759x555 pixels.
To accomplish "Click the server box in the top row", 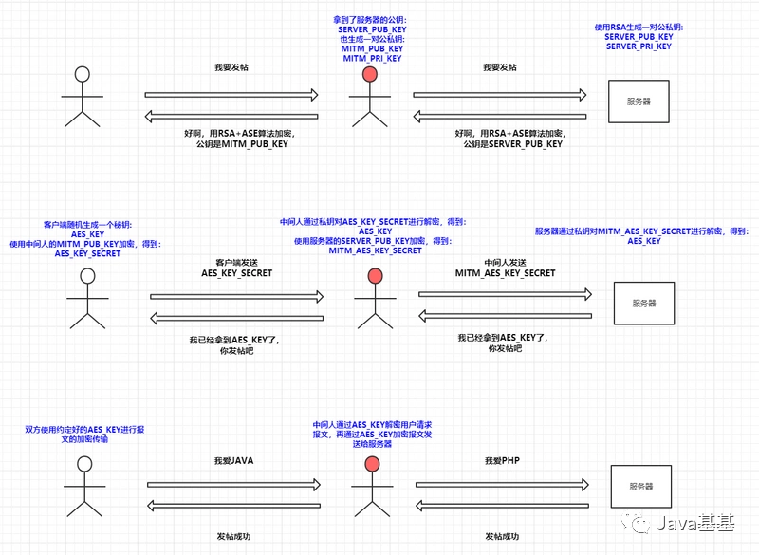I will click(x=638, y=99).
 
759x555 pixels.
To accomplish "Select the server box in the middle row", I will click(x=642, y=303).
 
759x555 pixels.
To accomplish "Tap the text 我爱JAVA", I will click(x=233, y=460).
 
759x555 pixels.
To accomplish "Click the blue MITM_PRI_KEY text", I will click(x=372, y=59).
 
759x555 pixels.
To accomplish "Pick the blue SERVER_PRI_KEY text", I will click(x=639, y=46).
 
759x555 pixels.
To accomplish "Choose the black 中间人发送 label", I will click(x=505, y=262).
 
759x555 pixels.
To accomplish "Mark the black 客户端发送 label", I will click(x=236, y=262).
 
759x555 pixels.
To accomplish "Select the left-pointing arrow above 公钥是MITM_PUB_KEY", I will click(x=233, y=116).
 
